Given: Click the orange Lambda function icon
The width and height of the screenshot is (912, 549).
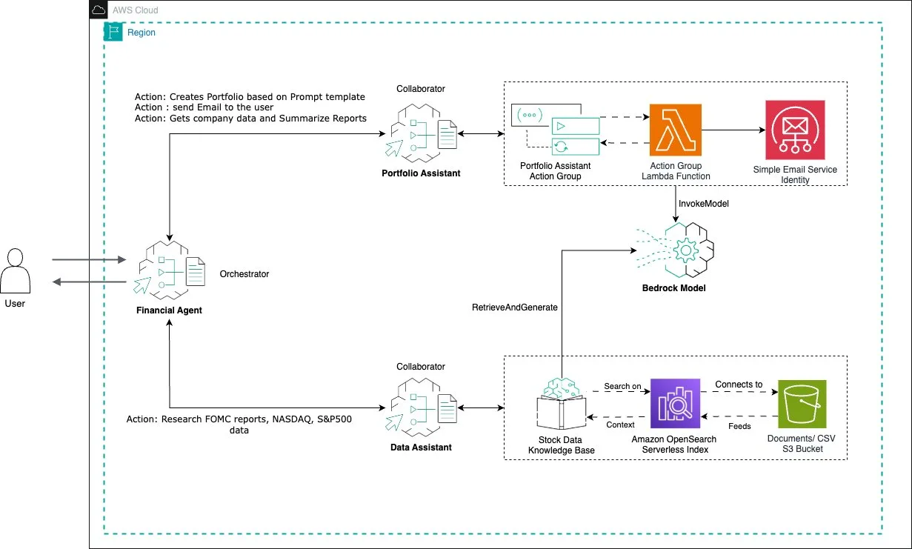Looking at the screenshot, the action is [x=676, y=130].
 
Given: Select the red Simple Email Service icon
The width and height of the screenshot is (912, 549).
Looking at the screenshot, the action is [x=795, y=130].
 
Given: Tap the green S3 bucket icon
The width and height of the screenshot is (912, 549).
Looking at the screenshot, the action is [x=802, y=404].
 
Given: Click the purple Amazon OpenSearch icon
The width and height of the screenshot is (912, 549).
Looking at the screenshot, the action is [x=675, y=403].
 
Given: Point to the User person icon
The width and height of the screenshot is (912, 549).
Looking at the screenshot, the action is [x=15, y=271].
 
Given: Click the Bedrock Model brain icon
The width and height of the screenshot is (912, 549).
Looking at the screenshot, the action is [x=676, y=250].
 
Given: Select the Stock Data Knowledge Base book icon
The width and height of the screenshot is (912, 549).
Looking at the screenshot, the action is [x=562, y=404].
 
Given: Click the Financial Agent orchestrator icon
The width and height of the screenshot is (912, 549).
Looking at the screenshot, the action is [x=170, y=270].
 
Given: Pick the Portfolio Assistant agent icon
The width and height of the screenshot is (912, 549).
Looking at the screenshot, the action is [x=421, y=133].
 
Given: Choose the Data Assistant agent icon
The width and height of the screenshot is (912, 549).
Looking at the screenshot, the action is [x=421, y=407].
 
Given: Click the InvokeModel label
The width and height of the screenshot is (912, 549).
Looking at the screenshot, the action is [x=704, y=204].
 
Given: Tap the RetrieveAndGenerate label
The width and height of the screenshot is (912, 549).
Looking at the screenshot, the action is [x=515, y=307].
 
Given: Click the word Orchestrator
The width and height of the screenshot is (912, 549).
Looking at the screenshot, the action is [x=244, y=274].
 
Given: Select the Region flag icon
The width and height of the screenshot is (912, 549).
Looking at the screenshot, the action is [x=113, y=32].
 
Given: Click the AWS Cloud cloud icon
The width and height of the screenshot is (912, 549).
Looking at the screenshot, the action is [x=99, y=10].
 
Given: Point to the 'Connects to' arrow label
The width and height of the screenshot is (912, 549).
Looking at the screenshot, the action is [x=739, y=385].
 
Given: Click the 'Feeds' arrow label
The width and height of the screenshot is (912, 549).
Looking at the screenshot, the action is [x=739, y=427].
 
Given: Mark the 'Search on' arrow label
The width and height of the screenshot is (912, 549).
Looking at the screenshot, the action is [x=622, y=386].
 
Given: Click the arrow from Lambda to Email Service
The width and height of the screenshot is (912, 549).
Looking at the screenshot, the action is [x=733, y=130].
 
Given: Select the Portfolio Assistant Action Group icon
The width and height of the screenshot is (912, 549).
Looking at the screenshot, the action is [x=556, y=130].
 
